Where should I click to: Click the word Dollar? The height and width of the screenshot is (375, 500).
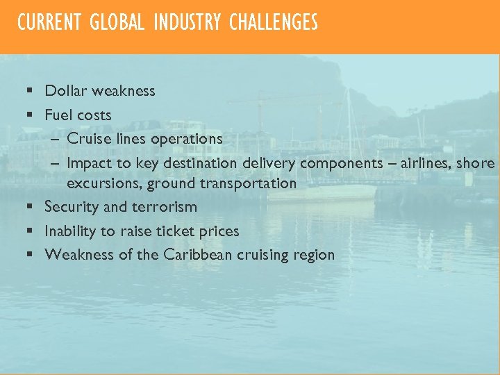(x=64, y=91)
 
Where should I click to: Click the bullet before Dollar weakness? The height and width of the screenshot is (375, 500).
(x=30, y=92)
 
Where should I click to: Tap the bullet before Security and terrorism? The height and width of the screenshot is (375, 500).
(x=30, y=207)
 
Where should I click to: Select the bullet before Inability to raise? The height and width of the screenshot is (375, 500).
(x=30, y=231)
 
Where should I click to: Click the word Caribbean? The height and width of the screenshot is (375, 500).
(x=198, y=254)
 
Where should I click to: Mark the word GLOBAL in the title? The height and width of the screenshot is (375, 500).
(x=117, y=23)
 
